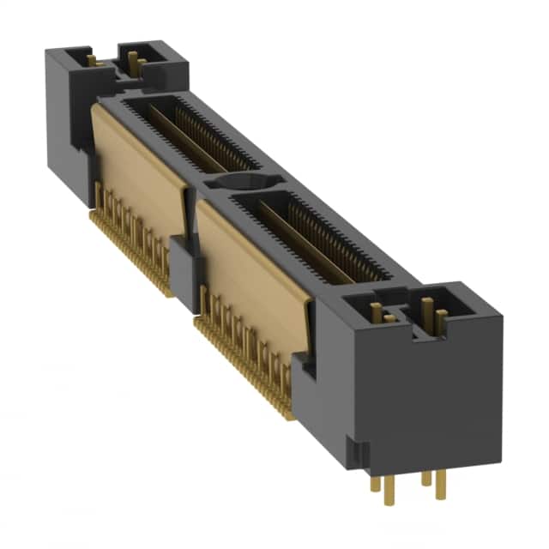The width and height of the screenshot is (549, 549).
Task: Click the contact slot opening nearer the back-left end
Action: click(x=189, y=133)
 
